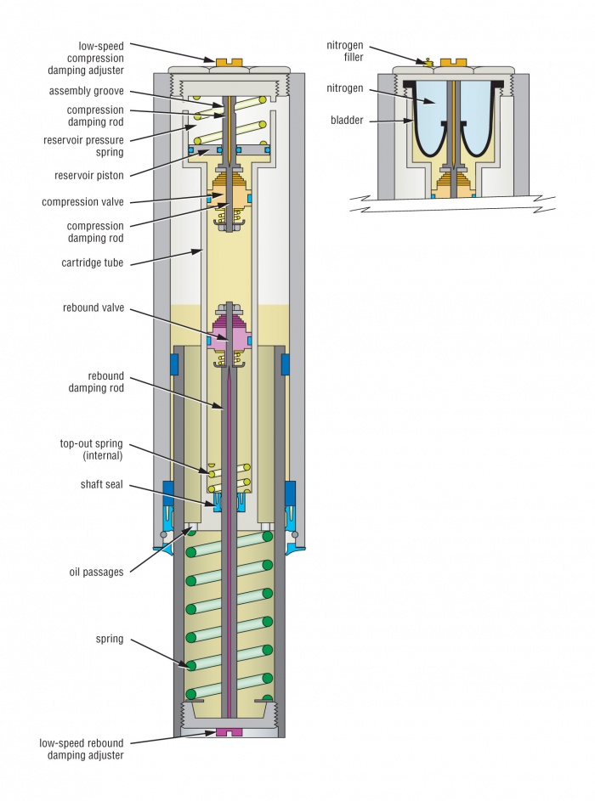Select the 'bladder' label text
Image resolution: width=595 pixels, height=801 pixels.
coord(348,121)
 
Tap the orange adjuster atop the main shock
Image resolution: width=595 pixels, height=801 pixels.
coord(225,62)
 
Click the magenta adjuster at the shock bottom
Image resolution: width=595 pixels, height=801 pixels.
coord(225,731)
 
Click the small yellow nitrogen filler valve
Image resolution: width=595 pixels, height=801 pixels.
coord(428,62)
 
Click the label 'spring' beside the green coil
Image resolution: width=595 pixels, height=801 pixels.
coord(110,639)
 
